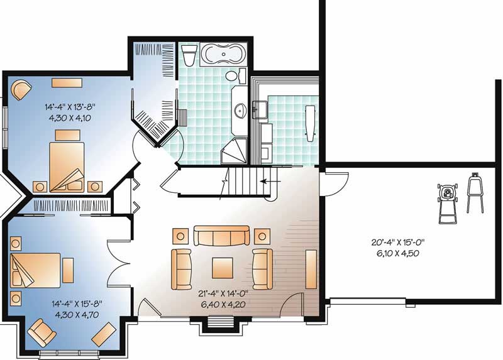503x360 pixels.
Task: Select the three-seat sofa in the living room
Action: click(220, 236)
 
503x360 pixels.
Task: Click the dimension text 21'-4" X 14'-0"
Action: click(219, 293)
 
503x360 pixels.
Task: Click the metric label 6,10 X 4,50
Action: click(395, 254)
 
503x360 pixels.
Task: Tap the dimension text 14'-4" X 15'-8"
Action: click(77, 303)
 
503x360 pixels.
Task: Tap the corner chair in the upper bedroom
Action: click(21, 89)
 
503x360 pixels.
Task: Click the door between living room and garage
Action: click(334, 184)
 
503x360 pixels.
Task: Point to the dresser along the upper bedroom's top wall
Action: click(65, 82)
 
